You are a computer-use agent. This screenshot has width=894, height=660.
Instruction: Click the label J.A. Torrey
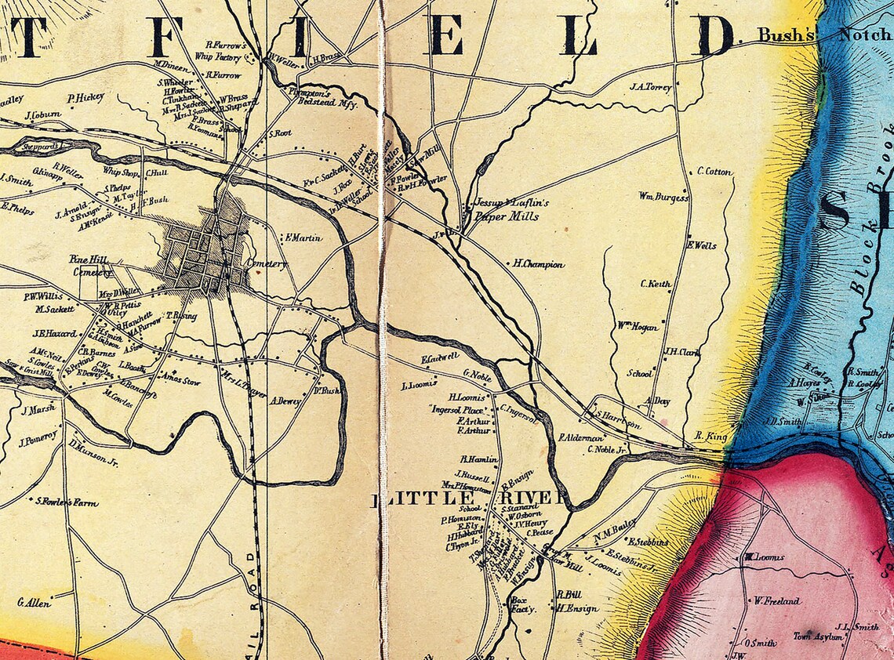tap(650, 88)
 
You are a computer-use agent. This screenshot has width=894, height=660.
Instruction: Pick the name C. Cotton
tap(714, 172)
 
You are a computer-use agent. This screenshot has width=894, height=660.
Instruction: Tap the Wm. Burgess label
tap(663, 197)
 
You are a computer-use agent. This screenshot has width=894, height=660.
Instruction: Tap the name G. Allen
tap(34, 603)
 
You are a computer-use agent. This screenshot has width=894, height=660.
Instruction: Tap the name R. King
tap(712, 436)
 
